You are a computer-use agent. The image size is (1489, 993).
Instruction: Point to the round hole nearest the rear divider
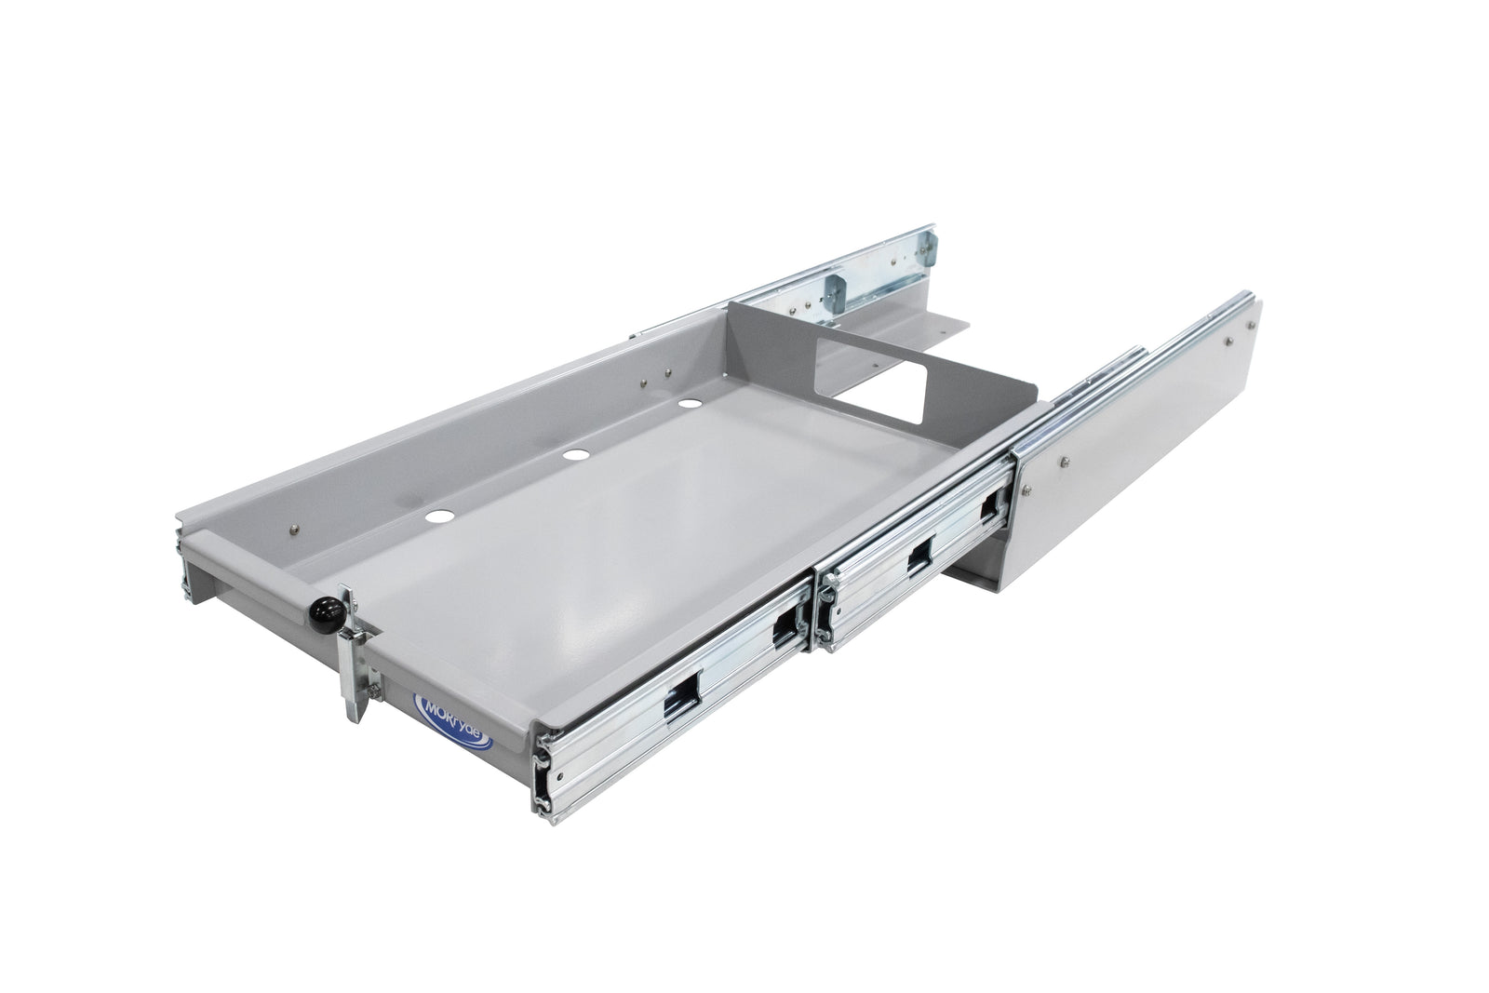pyautogui.click(x=690, y=405)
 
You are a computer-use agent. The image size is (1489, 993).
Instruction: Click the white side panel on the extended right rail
pyautogui.click(x=1135, y=455)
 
